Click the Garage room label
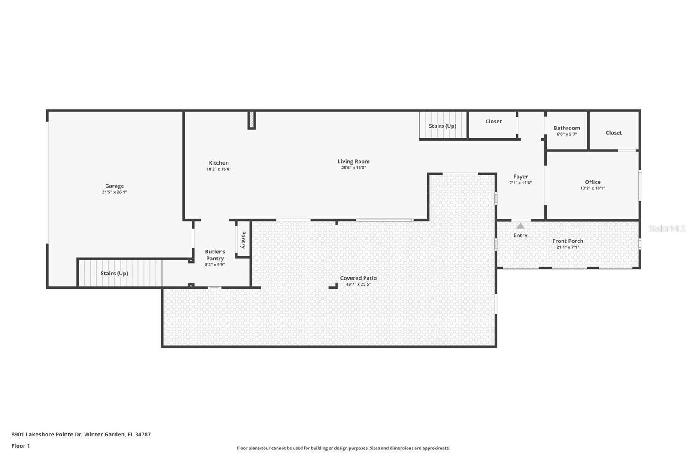(x=114, y=186)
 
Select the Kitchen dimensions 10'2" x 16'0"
(x=219, y=169)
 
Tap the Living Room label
(x=353, y=162)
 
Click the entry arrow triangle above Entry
(x=520, y=226)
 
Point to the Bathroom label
(x=567, y=128)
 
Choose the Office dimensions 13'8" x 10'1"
(x=593, y=188)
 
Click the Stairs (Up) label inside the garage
(x=114, y=274)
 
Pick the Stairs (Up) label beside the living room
(x=442, y=126)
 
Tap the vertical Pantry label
(x=243, y=240)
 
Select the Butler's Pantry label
(x=215, y=255)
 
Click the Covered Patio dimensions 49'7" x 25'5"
(x=358, y=284)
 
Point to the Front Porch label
(x=568, y=241)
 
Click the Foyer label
(x=520, y=177)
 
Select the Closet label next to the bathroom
(x=614, y=133)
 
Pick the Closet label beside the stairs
(x=493, y=122)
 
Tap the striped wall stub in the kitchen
(x=252, y=120)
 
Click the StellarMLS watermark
(x=666, y=228)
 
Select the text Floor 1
(x=21, y=446)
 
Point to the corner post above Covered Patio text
(x=334, y=286)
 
